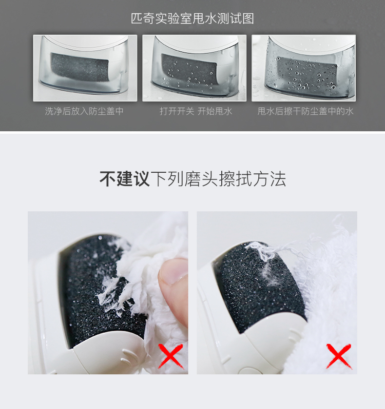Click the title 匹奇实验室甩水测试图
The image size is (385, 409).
pyautogui.click(x=192, y=19)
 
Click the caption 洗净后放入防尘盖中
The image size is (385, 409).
pyautogui.click(x=84, y=111)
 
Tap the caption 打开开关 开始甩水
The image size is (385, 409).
pyautogui.click(x=195, y=111)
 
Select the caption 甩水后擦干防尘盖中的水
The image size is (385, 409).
pyautogui.click(x=305, y=111)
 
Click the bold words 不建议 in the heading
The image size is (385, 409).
pyautogui.click(x=124, y=179)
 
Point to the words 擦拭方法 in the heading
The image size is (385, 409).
pyautogui.click(x=252, y=179)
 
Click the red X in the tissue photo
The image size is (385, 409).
pyautogui.click(x=171, y=356)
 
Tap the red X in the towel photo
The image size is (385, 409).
pyautogui.click(x=339, y=356)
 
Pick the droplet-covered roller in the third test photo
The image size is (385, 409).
pyautogui.click(x=307, y=73)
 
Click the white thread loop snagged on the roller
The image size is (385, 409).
pyautogui.click(x=262, y=251)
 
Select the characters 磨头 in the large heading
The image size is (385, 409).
pyautogui.click(x=201, y=179)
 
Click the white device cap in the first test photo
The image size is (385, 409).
pyautogui.click(x=86, y=42)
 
